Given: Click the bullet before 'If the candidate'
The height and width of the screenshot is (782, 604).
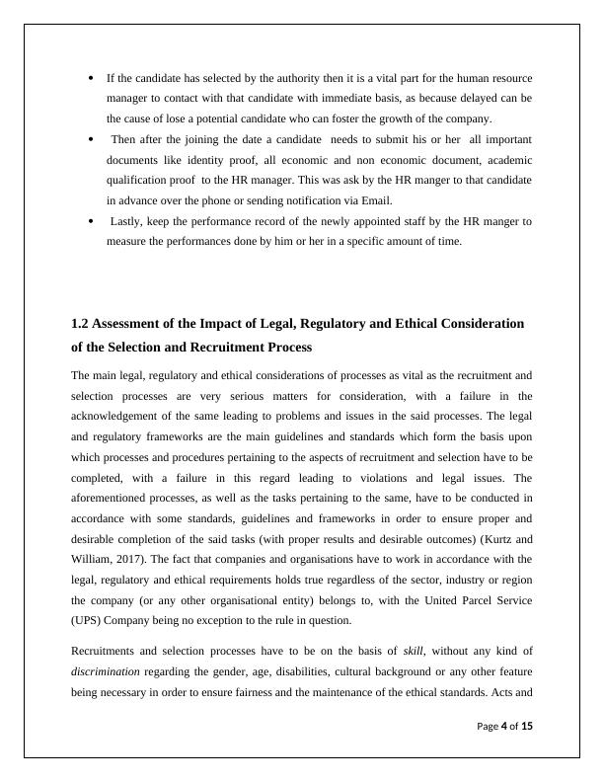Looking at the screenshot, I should point(92,77).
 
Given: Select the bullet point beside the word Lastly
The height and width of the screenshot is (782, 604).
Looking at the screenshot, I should point(92,222).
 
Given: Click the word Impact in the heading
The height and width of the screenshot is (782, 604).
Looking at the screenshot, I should point(217,324).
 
